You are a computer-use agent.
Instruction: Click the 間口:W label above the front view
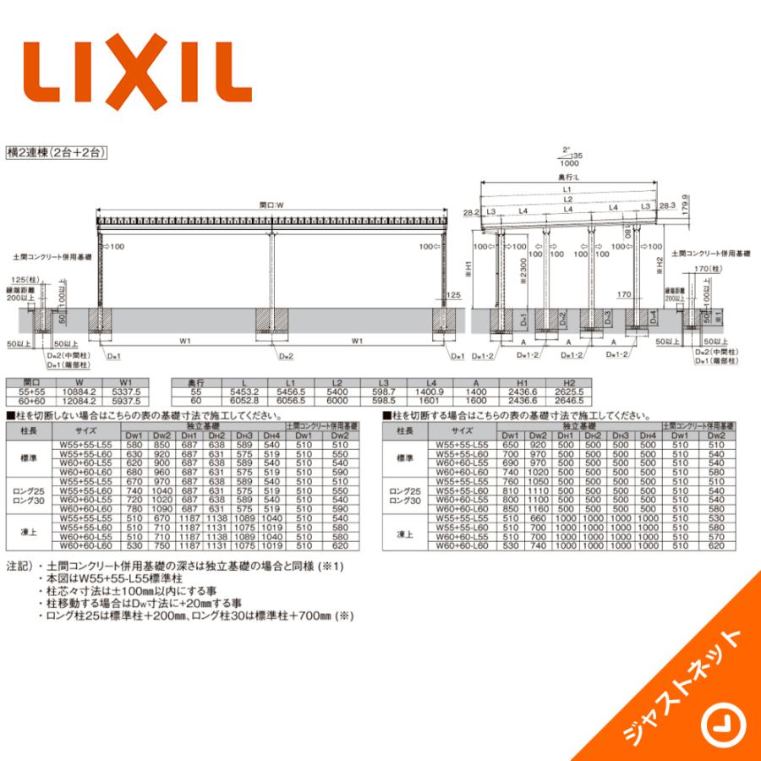pyautogui.click(x=271, y=203)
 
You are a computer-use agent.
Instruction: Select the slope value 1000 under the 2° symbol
pyautogui.click(x=570, y=164)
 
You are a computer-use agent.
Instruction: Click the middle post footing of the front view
pyautogui.click(x=272, y=321)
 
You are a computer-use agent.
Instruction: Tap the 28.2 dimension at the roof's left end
pyautogui.click(x=472, y=214)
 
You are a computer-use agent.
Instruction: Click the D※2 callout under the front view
pyautogui.click(x=286, y=357)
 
